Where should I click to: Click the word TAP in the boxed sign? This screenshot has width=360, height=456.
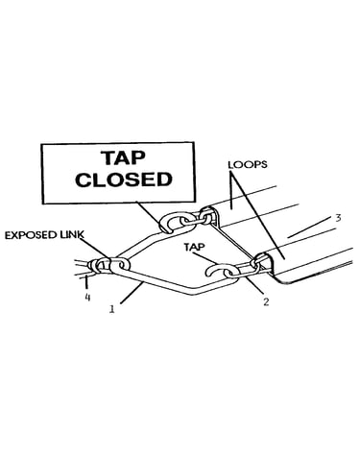tap(123, 158)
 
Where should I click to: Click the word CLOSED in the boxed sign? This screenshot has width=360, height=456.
tap(124, 180)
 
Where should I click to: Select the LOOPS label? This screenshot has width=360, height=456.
tap(248, 165)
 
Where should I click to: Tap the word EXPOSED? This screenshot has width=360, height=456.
tap(33, 235)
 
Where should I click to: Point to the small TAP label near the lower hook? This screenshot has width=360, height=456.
tap(194, 247)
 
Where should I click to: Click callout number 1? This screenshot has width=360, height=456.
tap(111, 309)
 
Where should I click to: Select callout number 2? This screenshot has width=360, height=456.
tap(266, 301)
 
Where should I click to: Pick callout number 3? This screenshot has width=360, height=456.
tap(338, 218)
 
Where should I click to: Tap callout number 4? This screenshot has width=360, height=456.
tap(87, 298)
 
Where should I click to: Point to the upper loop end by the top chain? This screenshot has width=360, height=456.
tap(208, 215)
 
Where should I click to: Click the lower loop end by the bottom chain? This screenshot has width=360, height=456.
tap(264, 261)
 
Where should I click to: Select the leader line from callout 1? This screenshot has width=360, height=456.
tap(132, 293)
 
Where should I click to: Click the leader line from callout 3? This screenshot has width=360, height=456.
tap(309, 227)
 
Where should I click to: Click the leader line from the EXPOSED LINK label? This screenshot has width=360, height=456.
tap(95, 249)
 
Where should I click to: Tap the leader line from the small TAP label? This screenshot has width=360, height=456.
tap(204, 258)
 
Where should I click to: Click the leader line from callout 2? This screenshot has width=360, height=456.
tap(254, 286)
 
